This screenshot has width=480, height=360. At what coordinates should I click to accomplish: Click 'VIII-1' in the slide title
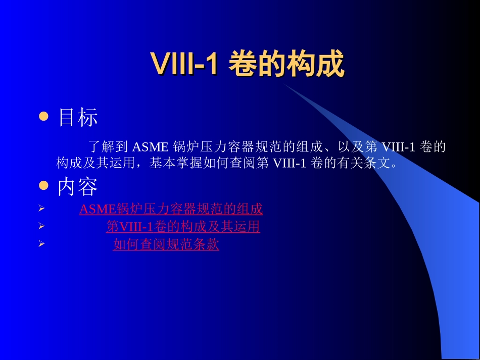(x=184, y=64)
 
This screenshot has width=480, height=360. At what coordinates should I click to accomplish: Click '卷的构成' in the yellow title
(x=286, y=64)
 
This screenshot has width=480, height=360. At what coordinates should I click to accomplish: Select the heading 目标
(x=78, y=118)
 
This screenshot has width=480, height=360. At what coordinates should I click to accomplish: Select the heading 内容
(x=78, y=187)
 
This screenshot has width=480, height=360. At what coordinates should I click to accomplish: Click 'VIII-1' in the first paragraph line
(x=398, y=147)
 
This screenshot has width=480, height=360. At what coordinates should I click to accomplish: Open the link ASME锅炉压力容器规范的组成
(x=171, y=209)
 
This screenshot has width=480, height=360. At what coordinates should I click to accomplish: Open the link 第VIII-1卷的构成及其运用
(x=183, y=227)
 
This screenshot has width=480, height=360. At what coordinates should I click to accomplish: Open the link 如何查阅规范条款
(x=166, y=245)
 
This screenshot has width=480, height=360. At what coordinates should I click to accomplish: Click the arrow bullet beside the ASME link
(x=42, y=209)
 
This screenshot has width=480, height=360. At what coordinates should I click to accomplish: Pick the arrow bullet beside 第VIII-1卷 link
(x=42, y=227)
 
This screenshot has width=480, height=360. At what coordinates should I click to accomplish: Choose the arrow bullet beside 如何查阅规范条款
(x=42, y=245)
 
